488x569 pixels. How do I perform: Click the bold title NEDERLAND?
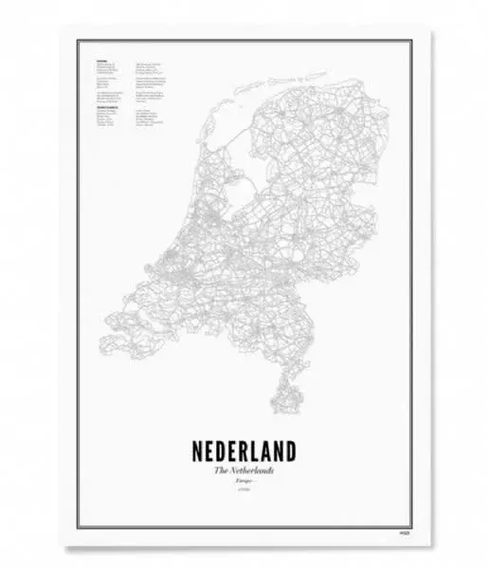pos(244,450)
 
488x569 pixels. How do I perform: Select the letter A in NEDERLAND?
pos(271,450)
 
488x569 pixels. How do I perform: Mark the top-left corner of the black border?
pos(78,41)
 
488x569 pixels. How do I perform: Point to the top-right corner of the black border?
pos(410,41)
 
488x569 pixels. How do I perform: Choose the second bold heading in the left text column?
pos(106,107)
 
